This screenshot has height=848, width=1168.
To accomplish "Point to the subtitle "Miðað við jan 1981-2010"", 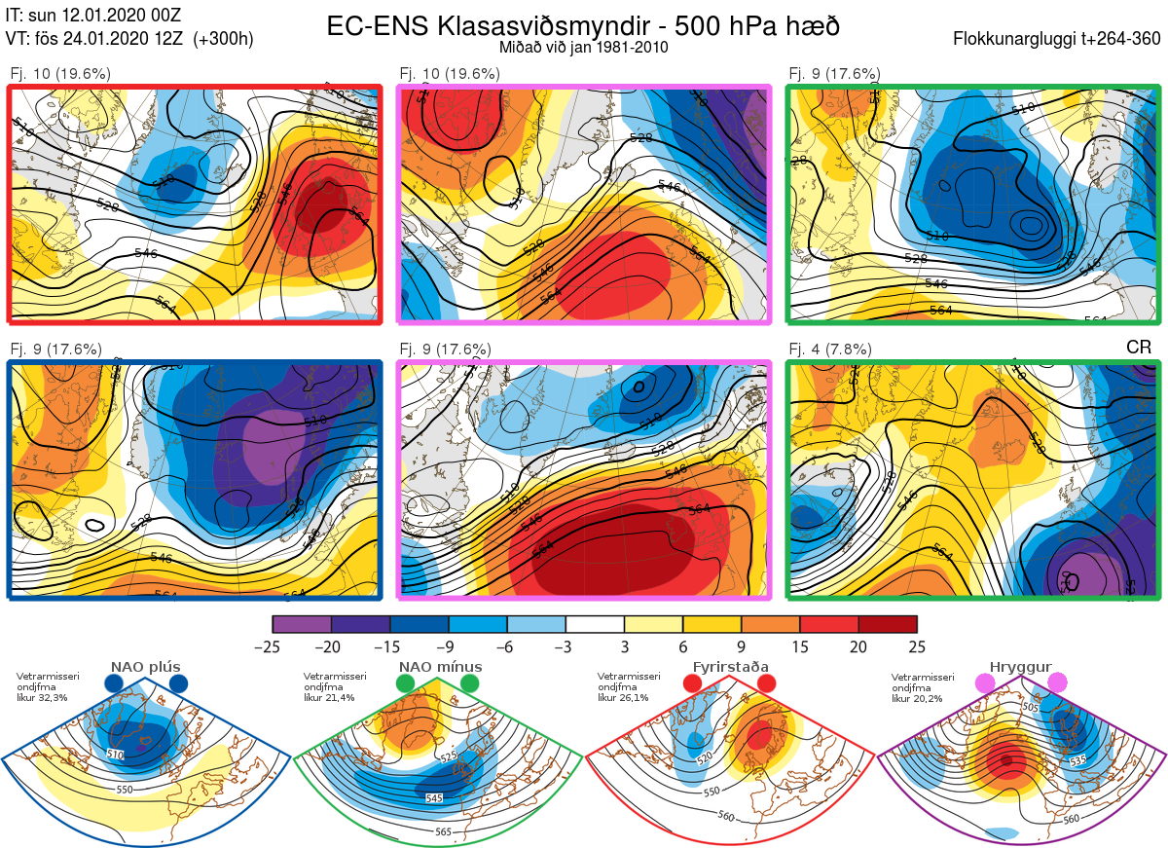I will [583, 48].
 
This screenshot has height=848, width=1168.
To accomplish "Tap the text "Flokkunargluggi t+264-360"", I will [1059, 39].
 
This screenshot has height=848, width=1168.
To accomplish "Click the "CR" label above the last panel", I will [1139, 348].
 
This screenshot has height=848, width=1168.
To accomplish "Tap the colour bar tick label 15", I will [800, 646].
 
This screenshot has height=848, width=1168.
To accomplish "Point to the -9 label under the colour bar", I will [449, 646].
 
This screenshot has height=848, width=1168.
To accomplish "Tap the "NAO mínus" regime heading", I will [439, 667].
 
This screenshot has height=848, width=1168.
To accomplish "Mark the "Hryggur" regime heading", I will [1023, 667].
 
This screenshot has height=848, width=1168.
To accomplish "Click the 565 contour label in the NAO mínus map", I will [443, 831].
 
